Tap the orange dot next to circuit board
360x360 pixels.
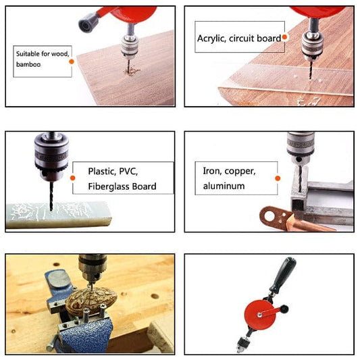[x=286, y=38]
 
